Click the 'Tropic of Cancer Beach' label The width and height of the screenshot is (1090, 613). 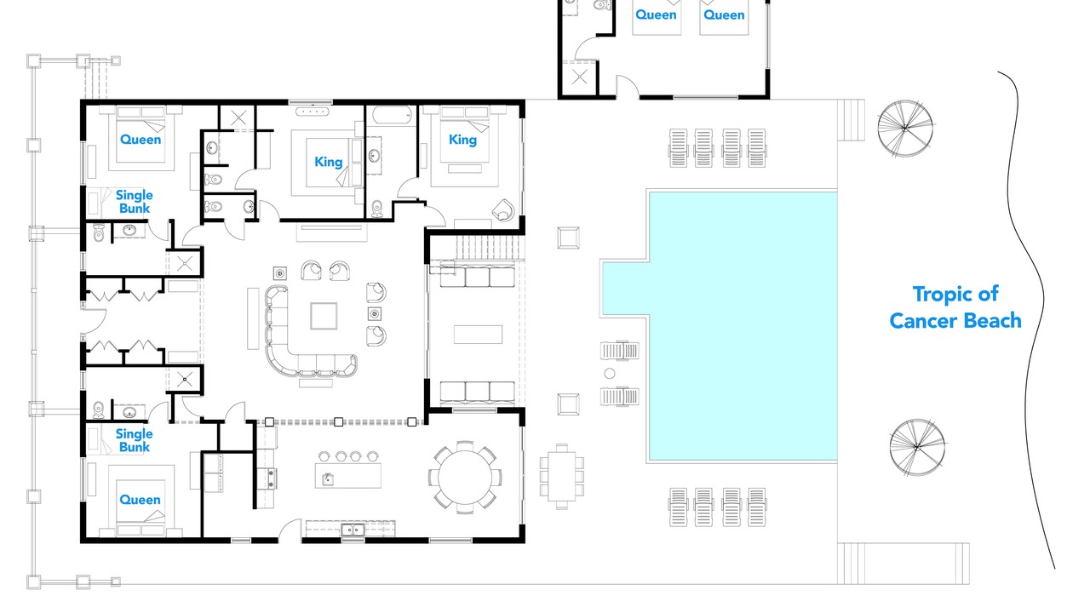pos(955,307)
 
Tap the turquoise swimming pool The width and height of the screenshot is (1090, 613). pos(743,325)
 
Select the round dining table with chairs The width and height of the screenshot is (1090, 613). pos(465,478)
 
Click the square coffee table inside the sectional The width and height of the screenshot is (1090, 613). pos(324,316)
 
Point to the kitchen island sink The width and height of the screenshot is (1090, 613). pos(328,478)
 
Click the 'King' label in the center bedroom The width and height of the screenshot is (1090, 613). pos(329,162)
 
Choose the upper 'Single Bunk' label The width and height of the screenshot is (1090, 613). pos(135,202)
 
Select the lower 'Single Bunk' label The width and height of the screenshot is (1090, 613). pos(135,440)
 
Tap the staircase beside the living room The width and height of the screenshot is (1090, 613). pos(490,248)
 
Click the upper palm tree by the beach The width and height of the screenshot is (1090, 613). pos(905,129)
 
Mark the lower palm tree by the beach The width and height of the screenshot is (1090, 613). pos(917,447)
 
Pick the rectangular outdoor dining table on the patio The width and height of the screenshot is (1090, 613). pos(561,476)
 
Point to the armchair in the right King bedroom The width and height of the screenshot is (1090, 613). pos(503,210)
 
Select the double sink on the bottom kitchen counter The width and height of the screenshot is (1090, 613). pos(353,530)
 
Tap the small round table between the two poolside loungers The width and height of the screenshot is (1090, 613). pos(609,374)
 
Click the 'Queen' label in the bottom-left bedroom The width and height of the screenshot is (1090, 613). pos(140,500)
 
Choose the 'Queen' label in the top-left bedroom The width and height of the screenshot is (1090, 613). pos(141,140)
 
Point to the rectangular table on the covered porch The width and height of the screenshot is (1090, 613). pos(478,335)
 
